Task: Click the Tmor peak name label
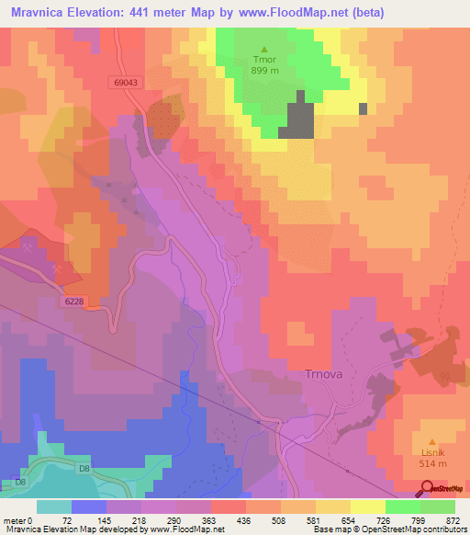(x=265, y=63)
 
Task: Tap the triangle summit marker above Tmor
(x=265, y=50)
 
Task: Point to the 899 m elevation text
(x=265, y=77)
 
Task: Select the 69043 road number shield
(x=127, y=83)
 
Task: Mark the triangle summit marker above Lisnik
(x=432, y=428)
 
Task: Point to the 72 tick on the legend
(x=66, y=519)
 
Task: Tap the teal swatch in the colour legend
(x=53, y=507)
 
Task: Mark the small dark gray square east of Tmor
(x=363, y=108)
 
